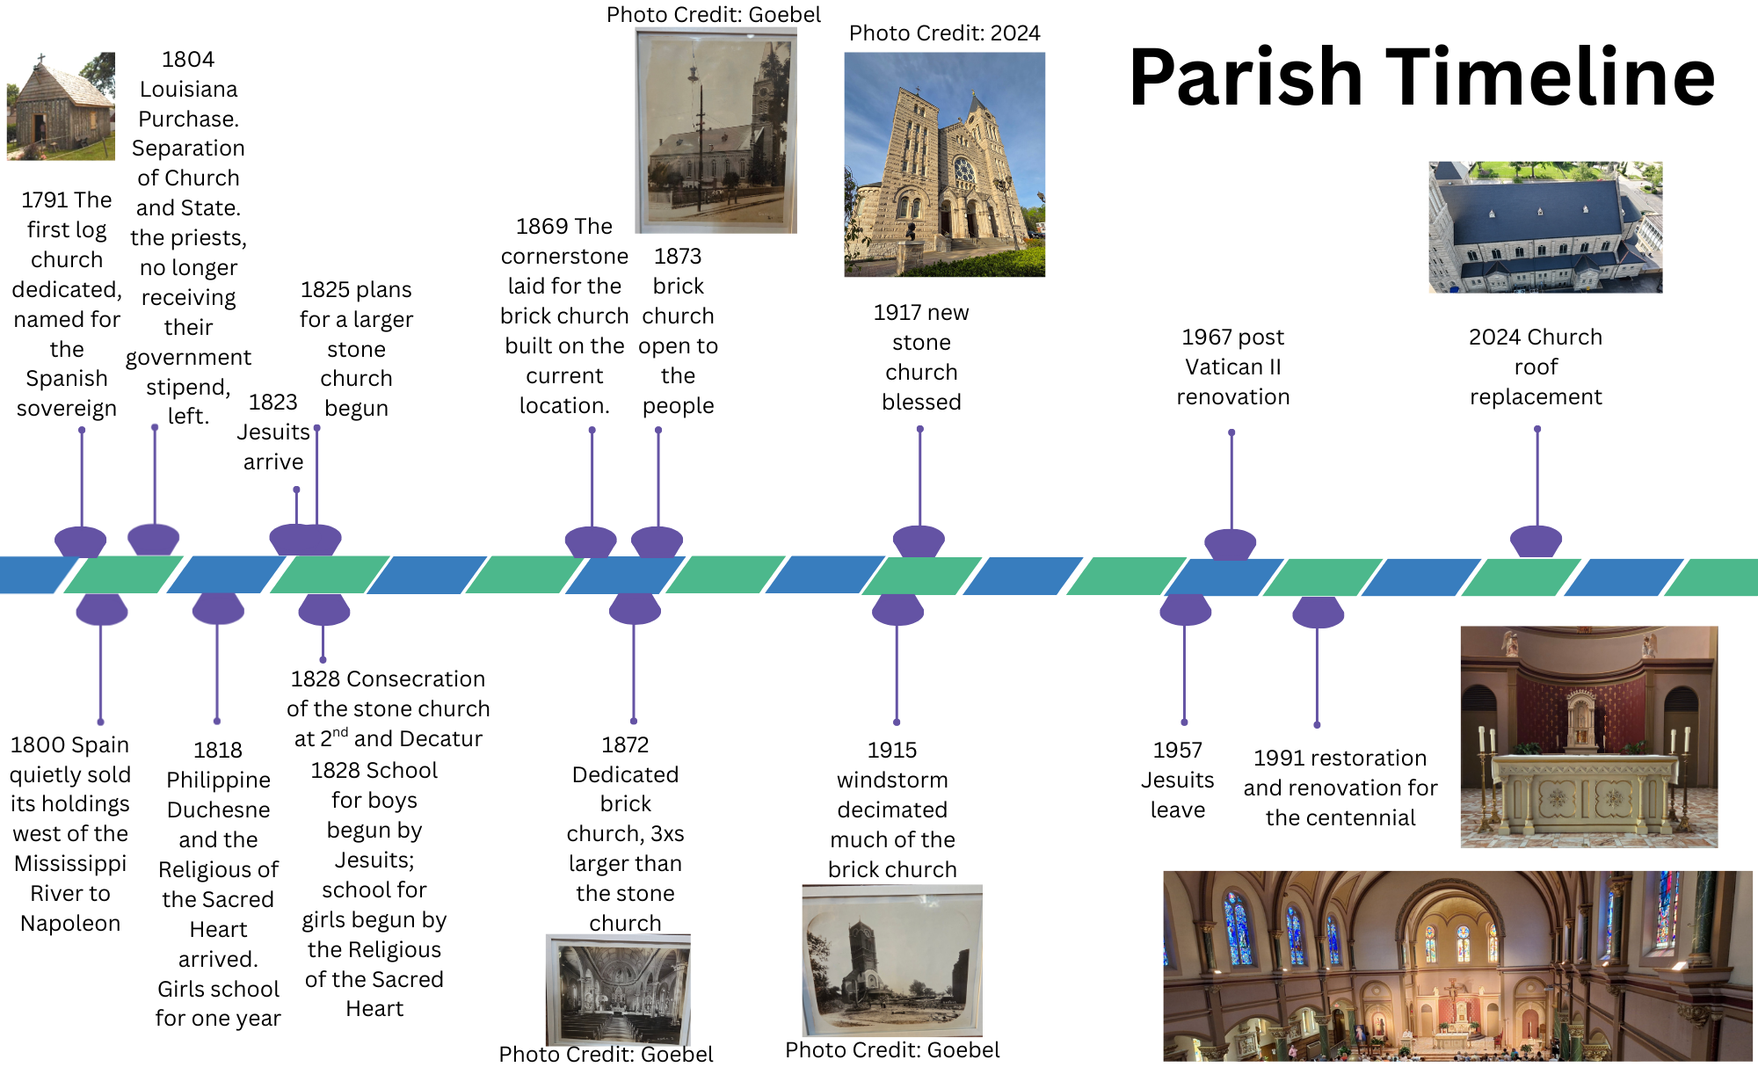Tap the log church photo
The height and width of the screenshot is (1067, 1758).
point(61,106)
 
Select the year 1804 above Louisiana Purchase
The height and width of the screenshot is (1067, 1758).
point(188,60)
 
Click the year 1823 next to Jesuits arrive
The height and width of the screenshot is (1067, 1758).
point(272,403)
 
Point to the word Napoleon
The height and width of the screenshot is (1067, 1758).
point(70,924)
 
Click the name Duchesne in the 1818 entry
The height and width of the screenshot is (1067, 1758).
point(218,810)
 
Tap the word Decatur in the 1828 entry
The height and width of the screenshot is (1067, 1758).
point(439,739)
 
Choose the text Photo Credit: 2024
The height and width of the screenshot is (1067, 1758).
point(944,33)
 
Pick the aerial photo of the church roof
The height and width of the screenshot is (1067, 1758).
point(1545,227)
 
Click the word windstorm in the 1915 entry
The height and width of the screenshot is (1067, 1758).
point(892,780)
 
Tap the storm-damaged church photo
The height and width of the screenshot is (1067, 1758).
point(892,960)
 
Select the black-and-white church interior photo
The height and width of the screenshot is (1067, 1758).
point(618,989)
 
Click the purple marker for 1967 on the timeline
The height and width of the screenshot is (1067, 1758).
point(1231,543)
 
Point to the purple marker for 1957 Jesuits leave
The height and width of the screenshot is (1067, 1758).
point(1185,609)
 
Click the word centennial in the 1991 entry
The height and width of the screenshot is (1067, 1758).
point(1340,818)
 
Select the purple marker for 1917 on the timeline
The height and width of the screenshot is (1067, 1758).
point(919,541)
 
